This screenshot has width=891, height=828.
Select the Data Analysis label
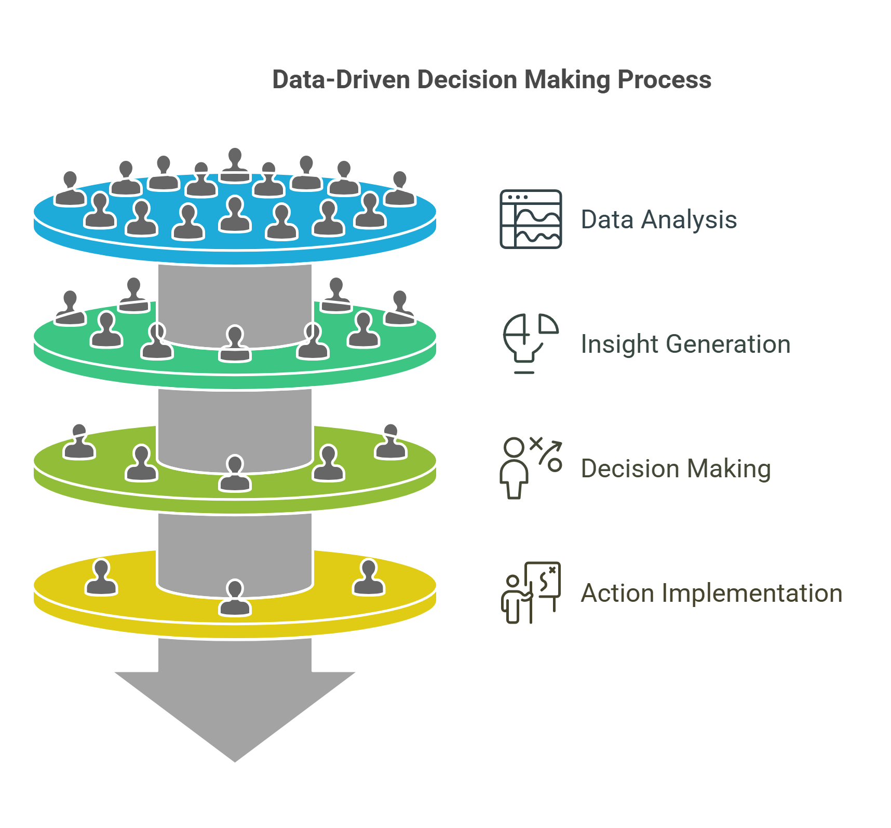658,219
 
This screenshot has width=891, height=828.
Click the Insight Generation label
685,344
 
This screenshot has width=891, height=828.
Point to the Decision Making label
676,468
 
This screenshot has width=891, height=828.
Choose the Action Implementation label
711,593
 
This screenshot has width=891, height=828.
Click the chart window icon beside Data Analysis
531,219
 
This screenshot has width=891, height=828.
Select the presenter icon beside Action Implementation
530,592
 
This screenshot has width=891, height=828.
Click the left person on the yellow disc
101,578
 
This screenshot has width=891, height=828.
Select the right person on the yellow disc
369,578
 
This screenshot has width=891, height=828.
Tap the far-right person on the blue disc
399,190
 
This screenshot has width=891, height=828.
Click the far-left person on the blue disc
70,190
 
